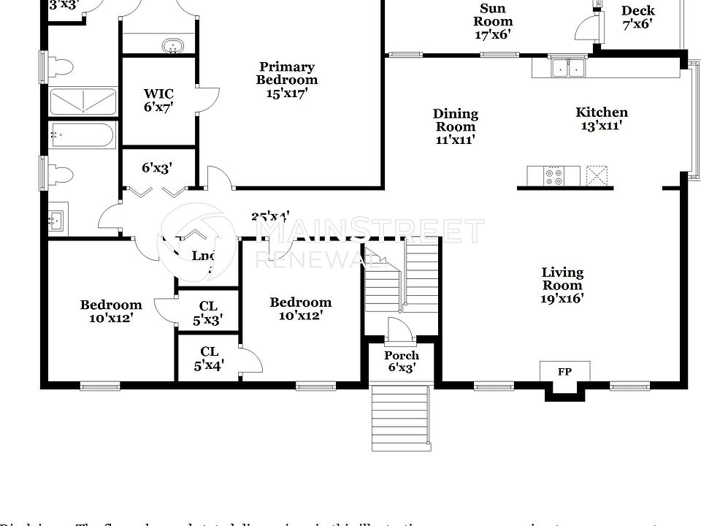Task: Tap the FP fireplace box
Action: (564, 372)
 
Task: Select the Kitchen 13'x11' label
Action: (602, 118)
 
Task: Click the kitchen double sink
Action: (568, 68)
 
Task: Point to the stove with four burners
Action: (553, 176)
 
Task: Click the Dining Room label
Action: (456, 126)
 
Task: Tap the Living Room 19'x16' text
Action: (562, 285)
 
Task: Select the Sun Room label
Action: (492, 21)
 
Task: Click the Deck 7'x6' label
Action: (638, 17)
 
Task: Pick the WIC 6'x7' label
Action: (158, 100)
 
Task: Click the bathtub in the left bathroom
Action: (82, 136)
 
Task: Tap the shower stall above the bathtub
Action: (83, 102)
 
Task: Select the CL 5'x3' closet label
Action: (209, 313)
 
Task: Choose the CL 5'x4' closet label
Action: (209, 358)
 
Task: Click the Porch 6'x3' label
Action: (402, 362)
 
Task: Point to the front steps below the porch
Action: (401, 417)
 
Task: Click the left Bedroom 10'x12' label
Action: (111, 311)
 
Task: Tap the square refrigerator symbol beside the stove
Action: (597, 176)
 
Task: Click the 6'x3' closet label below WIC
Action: (156, 168)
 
